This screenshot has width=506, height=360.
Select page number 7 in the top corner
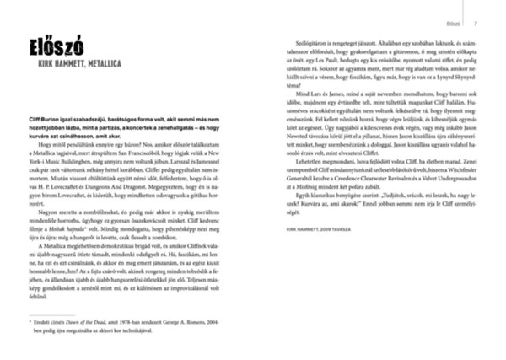click(x=476, y=24)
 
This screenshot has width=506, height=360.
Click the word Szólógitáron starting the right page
click(x=300, y=40)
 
